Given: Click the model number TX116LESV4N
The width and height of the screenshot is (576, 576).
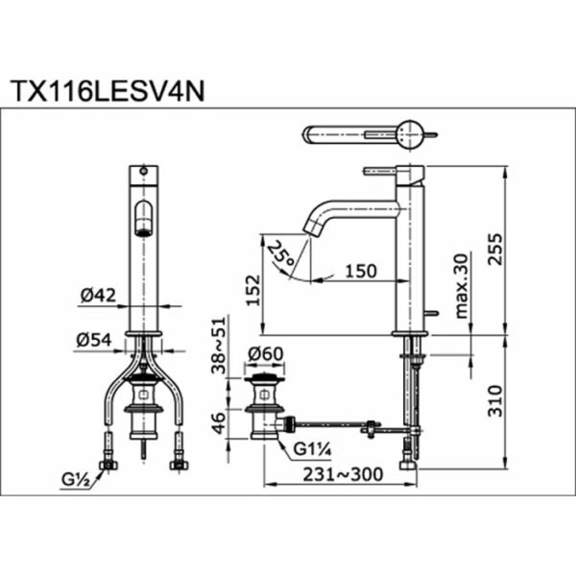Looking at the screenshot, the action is (108, 91).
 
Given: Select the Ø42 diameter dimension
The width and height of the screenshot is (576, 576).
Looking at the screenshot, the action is (98, 295).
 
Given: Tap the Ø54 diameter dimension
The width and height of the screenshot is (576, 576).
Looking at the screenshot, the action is (94, 340).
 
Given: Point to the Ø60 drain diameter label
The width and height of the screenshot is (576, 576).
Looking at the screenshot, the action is (266, 354).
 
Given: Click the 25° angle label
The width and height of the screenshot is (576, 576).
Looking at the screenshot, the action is (280, 253).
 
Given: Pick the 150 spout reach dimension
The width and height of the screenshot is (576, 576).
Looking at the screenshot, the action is (361, 271).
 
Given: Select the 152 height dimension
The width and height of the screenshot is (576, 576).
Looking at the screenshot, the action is (253, 290).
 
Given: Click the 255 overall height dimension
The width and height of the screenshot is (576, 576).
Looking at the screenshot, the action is (494, 249).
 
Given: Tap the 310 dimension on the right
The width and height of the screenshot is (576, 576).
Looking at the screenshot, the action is (494, 400).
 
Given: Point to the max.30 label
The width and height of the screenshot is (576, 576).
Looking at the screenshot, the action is (462, 286).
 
